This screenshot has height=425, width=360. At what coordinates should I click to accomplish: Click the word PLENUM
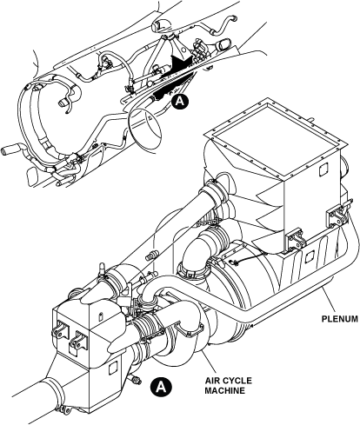[340, 319]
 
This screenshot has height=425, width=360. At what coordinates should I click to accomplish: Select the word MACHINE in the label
[224, 390]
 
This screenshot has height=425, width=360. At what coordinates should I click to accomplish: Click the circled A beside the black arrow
[180, 101]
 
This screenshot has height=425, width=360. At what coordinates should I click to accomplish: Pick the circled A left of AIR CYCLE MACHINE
[161, 386]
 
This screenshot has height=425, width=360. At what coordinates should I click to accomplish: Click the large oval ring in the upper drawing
[144, 129]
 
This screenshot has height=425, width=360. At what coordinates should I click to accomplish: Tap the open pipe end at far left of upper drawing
[5, 151]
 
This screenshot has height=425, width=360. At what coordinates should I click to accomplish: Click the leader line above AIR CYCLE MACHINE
[209, 362]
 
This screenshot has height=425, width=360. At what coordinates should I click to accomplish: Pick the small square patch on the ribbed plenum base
[308, 256]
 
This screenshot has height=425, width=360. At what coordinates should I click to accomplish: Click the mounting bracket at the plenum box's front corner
[295, 239]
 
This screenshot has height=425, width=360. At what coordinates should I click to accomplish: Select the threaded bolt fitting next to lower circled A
[137, 380]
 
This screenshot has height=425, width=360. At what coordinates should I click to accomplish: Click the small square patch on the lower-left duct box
[112, 369]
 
